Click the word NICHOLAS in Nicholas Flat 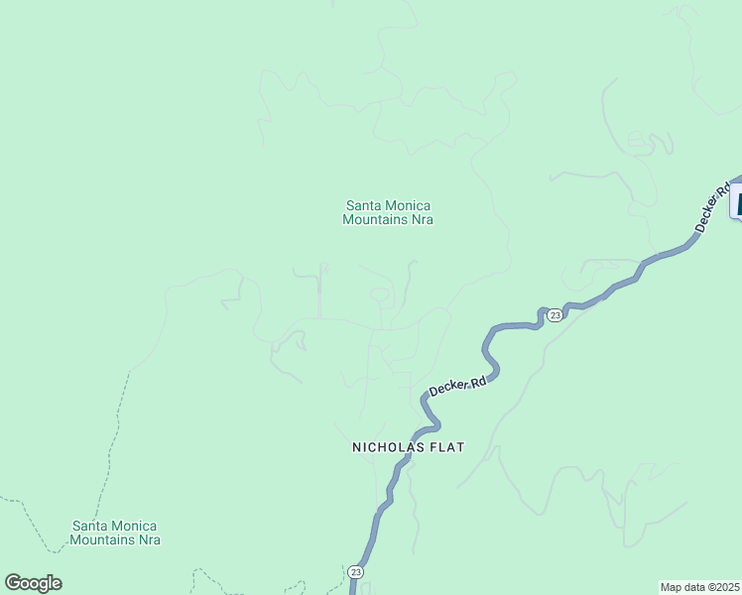point(387,447)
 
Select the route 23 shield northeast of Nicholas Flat point(555,315)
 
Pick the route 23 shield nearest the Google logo point(355,572)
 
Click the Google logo point(33,583)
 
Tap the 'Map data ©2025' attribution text point(699,587)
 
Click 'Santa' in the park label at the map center point(362,206)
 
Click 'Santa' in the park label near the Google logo point(90,526)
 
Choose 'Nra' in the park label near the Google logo point(150,540)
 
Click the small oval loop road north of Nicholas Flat point(379,294)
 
